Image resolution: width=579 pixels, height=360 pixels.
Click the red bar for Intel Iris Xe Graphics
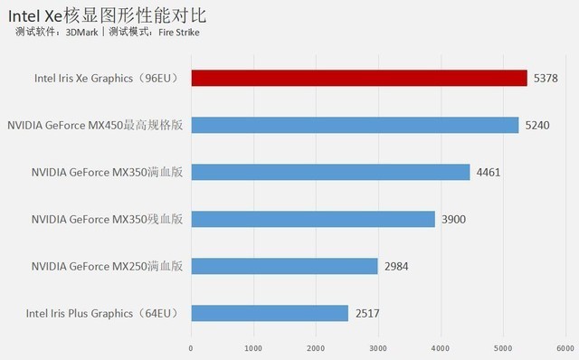[x=358, y=78]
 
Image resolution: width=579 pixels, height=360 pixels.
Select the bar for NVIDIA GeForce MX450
[x=354, y=125]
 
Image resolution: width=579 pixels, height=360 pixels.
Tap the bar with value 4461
[x=330, y=172]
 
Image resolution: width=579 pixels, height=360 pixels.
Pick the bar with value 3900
[x=312, y=219]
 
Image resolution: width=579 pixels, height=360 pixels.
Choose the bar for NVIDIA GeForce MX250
[x=284, y=266]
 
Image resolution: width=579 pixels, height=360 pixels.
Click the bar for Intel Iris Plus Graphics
[x=270, y=313]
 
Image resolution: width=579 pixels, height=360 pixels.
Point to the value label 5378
[x=546, y=78]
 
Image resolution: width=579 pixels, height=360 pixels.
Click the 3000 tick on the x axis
[x=378, y=347]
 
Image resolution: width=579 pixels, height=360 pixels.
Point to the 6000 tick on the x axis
[x=566, y=347]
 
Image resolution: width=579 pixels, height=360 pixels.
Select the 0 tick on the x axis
[x=191, y=347]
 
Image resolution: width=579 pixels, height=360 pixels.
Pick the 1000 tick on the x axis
[x=253, y=347]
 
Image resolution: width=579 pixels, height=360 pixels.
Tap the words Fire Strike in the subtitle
[x=178, y=33]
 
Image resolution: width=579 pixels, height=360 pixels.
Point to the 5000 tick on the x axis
[x=503, y=347]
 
